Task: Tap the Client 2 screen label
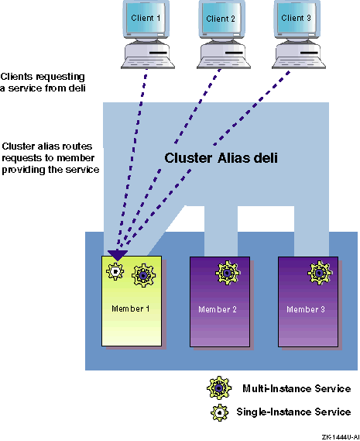coord(221,19)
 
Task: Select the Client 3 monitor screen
coord(297,17)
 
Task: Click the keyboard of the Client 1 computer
coord(148,63)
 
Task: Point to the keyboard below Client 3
coord(299,63)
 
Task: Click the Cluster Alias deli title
coord(221,158)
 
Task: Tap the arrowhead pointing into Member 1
coord(118,255)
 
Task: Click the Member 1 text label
coord(131,308)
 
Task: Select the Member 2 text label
coord(218,309)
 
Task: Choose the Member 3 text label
coord(306,309)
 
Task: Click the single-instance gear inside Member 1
coord(115,271)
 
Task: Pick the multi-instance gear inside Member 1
coord(143,275)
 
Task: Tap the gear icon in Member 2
coord(228,273)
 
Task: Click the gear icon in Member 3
coord(320,273)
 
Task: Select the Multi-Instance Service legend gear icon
coord(219,388)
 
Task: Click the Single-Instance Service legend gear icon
coord(220,412)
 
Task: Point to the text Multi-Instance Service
coord(297,388)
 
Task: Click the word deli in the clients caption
coord(77,88)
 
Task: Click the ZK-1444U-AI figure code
coord(341,437)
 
